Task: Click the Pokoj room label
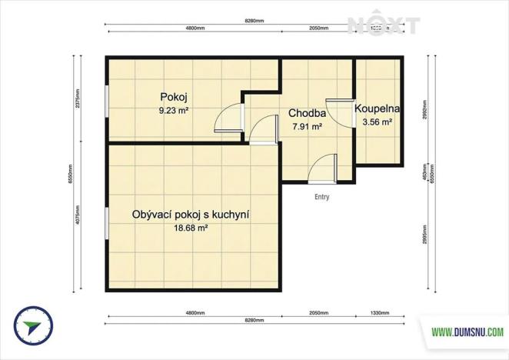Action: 174,97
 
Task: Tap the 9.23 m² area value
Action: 174,110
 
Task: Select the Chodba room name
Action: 306,113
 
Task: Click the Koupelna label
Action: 377,109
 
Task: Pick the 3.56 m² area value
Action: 377,122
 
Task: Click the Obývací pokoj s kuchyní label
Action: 191,215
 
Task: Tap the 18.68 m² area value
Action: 191,228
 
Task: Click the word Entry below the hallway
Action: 322,197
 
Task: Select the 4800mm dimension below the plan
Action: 195,313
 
